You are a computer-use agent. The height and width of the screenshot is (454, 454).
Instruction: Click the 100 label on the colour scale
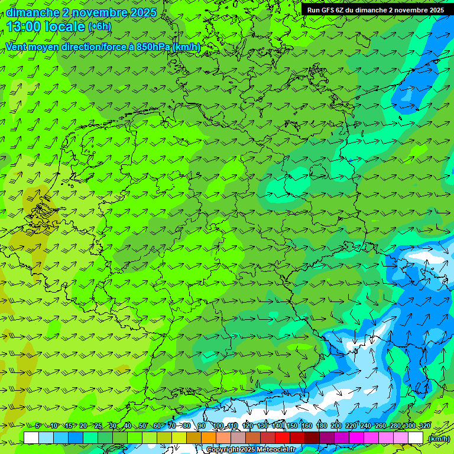tap(218, 426)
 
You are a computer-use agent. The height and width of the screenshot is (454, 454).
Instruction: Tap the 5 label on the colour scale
tap(38, 426)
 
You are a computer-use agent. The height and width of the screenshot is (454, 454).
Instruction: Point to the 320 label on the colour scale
tap(424, 426)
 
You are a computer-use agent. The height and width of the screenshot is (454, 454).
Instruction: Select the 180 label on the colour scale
tap(321, 426)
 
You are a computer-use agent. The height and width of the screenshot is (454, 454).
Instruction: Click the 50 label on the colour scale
tap(143, 426)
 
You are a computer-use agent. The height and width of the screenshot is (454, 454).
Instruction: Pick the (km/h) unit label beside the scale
tap(439, 439)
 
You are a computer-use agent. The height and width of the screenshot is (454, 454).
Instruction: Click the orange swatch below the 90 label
tap(208, 438)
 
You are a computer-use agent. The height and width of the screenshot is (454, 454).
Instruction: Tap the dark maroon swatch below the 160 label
tap(312, 438)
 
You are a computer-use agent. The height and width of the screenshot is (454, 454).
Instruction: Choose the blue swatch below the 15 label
tap(75, 438)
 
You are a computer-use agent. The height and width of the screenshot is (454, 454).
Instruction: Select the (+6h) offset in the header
tap(99, 27)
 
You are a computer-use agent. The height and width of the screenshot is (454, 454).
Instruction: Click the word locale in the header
tap(66, 27)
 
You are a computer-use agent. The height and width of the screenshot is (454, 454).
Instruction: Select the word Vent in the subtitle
tap(17, 47)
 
